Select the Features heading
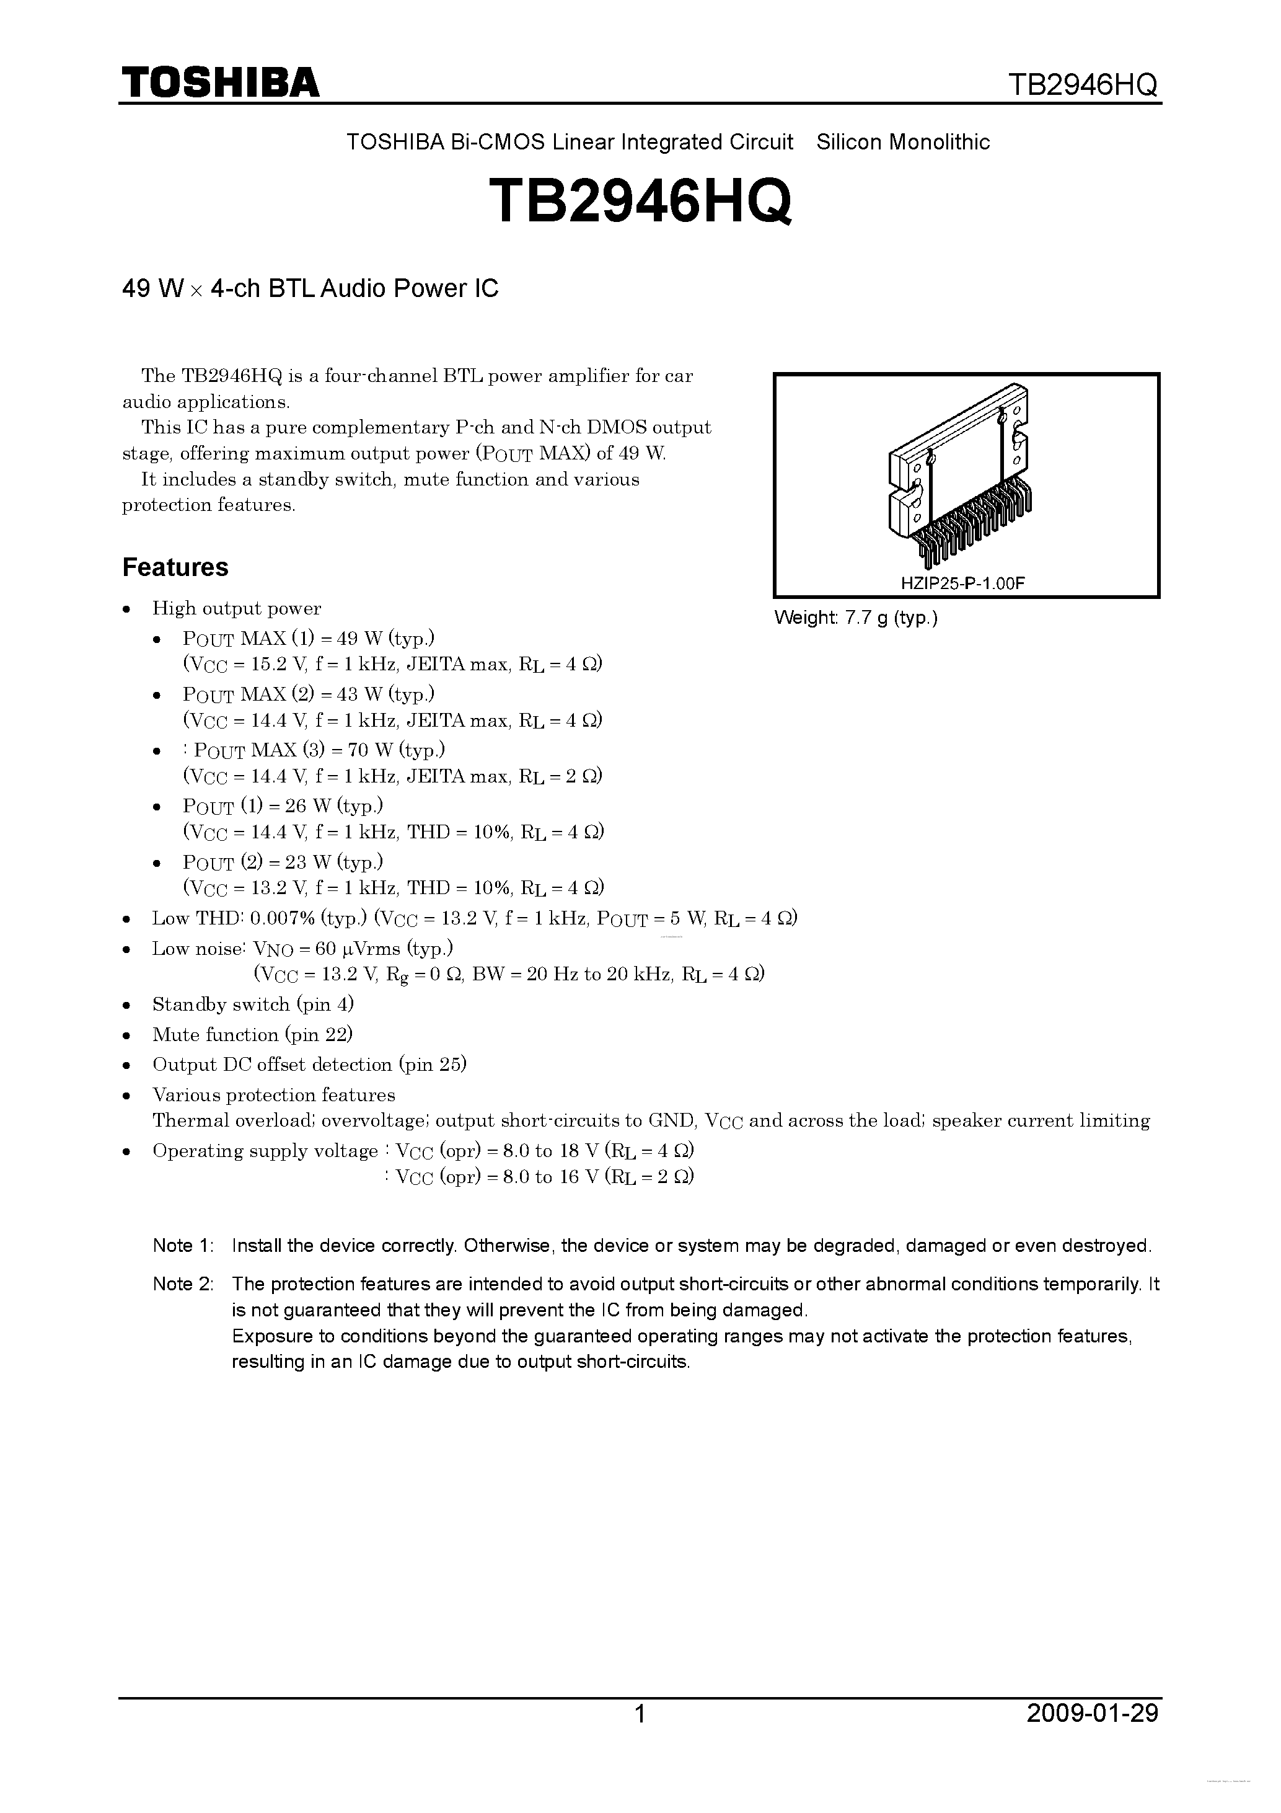coord(175,567)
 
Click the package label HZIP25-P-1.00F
coord(962,583)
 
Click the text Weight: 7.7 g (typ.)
coord(856,618)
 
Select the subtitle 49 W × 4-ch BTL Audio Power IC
coord(310,289)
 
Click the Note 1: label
coord(182,1246)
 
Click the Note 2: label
coord(182,1284)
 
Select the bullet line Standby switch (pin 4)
coord(253,1004)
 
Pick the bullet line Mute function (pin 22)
coord(252,1034)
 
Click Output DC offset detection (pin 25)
coord(309,1065)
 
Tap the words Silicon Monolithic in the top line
coord(903,142)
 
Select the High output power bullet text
coord(237,608)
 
